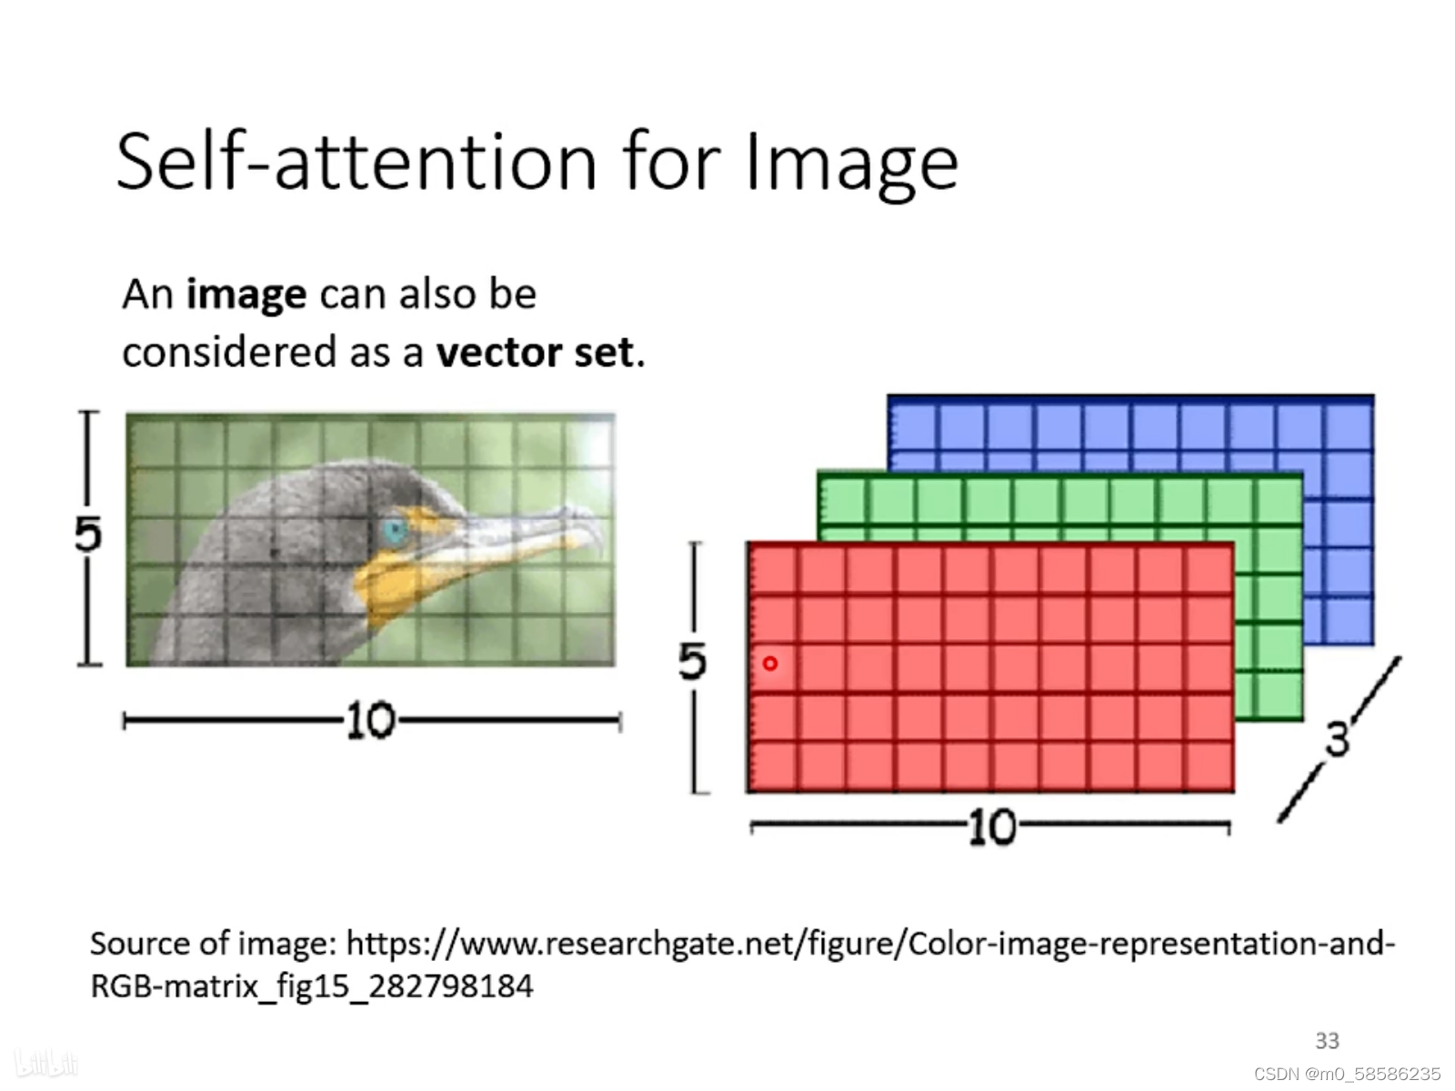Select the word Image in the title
point(851,164)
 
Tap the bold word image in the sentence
point(246,295)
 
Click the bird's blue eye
point(394,532)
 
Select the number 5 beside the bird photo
point(87,535)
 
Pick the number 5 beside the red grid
point(692,661)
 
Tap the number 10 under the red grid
point(991,828)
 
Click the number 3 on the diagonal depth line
point(1337,739)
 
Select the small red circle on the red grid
point(770,664)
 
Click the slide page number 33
point(1327,1041)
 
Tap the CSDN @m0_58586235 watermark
point(1347,1074)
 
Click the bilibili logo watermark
point(45,1063)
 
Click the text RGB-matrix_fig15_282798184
point(311,986)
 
